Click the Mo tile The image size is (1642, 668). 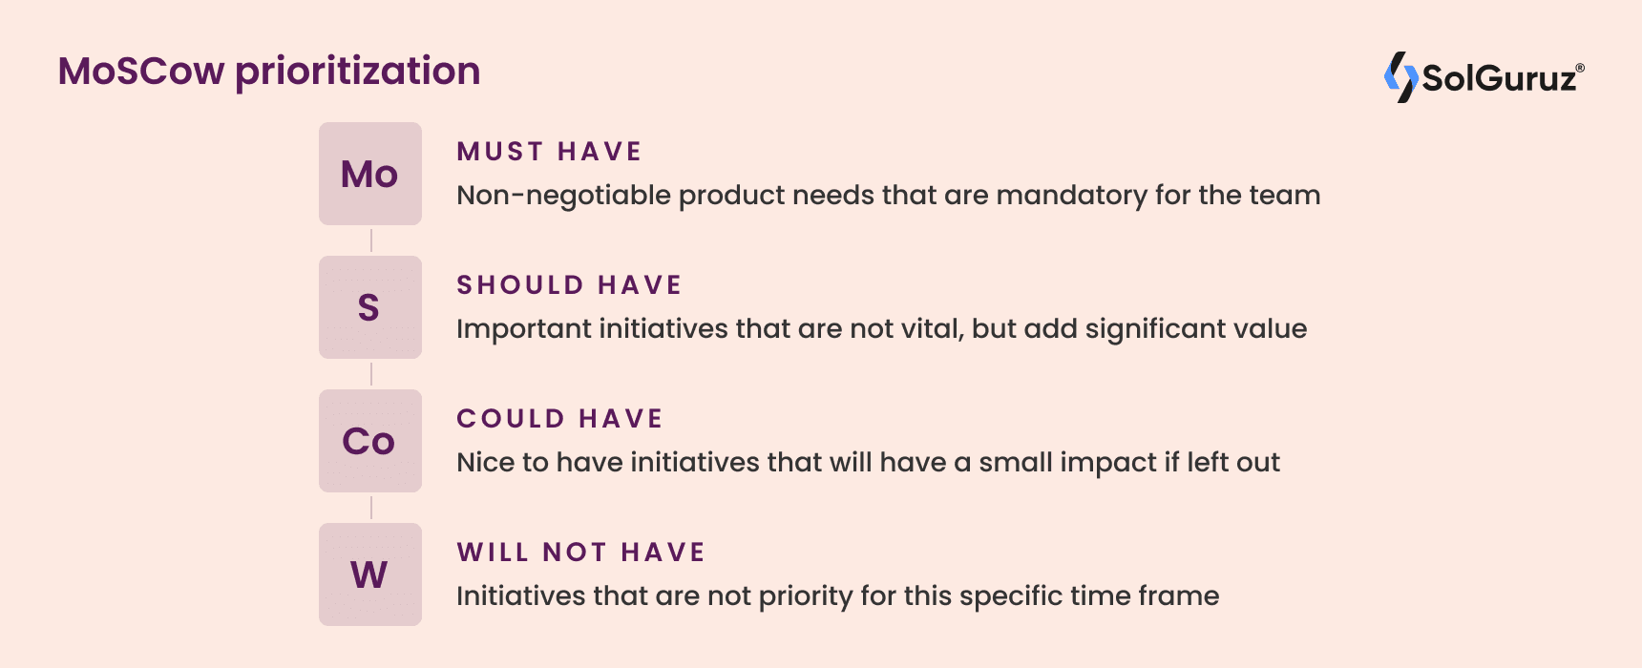coord(370,174)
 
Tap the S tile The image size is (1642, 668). coord(370,307)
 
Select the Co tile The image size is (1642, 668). coord(370,441)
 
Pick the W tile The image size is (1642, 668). coord(370,574)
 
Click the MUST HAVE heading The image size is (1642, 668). coord(549,152)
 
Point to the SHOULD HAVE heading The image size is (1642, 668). coord(569,285)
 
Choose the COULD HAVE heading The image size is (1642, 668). coord(559,419)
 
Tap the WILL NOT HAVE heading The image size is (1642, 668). coord(580,553)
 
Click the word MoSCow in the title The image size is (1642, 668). coord(141,72)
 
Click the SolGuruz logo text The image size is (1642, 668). coord(1501,78)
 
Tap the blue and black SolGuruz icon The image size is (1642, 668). coord(1400,77)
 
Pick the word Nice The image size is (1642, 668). coord(487,463)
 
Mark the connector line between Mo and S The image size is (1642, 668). coord(371,240)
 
